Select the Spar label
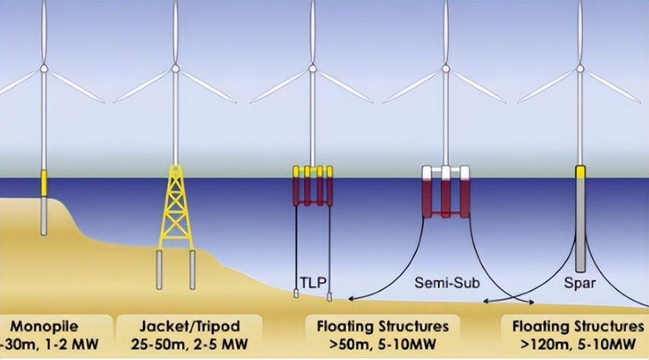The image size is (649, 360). [580, 281]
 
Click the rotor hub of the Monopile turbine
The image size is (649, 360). [44, 68]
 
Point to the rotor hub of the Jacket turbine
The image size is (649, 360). [175, 68]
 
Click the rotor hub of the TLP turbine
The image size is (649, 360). [313, 68]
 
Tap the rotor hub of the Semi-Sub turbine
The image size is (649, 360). [446, 68]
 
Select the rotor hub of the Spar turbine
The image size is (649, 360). [580, 68]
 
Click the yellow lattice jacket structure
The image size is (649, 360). [176, 205]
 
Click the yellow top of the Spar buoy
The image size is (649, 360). [581, 172]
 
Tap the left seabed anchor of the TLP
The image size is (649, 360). [296, 294]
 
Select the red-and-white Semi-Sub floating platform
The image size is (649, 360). [446, 192]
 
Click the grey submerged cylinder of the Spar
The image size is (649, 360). [581, 226]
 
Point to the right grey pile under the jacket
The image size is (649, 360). [192, 269]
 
